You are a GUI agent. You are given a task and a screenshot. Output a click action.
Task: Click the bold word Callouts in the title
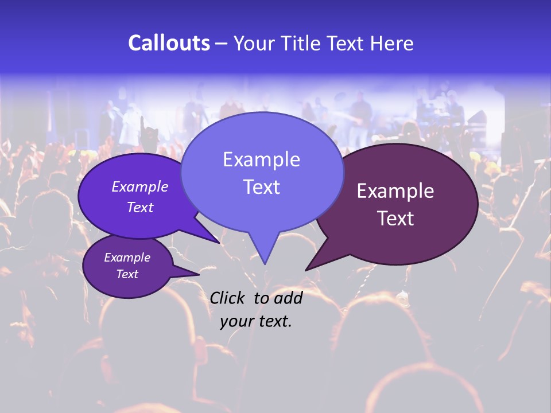[169, 43]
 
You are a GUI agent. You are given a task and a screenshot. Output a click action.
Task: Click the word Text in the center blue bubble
[261, 187]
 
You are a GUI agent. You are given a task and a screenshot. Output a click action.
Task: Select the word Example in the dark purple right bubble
[395, 191]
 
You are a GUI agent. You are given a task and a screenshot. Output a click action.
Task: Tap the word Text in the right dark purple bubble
[395, 219]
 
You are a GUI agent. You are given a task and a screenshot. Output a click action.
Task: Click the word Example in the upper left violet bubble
[140, 186]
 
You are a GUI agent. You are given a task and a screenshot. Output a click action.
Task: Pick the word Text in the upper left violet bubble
[140, 207]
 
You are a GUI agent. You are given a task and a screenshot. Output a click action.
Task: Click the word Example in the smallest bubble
[127, 258]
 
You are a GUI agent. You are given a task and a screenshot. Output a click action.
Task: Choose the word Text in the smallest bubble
[127, 274]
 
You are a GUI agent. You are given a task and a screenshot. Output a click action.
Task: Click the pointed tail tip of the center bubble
[265, 263]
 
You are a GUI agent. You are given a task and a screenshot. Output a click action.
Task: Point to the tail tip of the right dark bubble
[306, 269]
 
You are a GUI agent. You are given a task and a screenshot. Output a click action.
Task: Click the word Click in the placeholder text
[228, 298]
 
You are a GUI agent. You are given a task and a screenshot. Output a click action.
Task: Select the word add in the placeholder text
[288, 298]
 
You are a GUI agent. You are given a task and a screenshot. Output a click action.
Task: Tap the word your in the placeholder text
[236, 321]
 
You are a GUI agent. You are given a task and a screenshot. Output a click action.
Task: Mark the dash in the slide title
[222, 44]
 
